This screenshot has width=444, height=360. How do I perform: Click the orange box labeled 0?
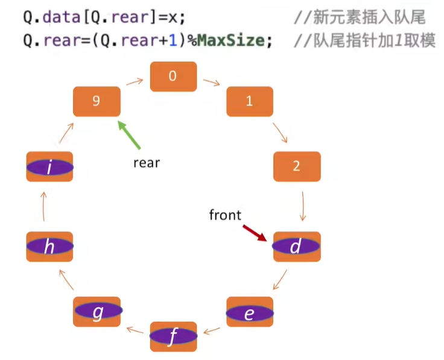pyautogui.click(x=173, y=77)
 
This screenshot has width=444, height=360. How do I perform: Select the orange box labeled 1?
pyautogui.click(x=250, y=101)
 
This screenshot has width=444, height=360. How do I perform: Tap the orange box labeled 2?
pyautogui.click(x=297, y=166)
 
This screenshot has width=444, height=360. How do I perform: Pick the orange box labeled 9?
pyautogui.click(x=97, y=101)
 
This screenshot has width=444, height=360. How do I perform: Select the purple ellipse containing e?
pyautogui.click(x=249, y=314)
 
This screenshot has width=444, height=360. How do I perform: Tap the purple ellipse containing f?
pyautogui.click(x=173, y=336)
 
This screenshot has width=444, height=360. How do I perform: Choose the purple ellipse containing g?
pyautogui.click(x=98, y=312)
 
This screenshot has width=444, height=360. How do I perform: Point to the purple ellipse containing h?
pyautogui.click(x=50, y=247)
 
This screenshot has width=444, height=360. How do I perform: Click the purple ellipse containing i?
pyautogui.click(x=50, y=167)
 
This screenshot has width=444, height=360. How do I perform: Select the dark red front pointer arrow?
pyautogui.click(x=254, y=233)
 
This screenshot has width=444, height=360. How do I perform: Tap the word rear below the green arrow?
pyautogui.click(x=147, y=162)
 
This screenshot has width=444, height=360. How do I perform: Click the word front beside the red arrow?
pyautogui.click(x=225, y=215)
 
